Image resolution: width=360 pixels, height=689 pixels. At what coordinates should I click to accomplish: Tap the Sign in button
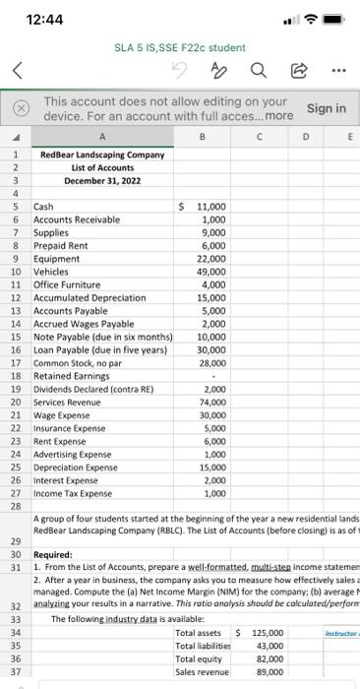pyautogui.click(x=327, y=108)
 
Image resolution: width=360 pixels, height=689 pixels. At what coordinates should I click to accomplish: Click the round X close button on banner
pyautogui.click(x=18, y=107)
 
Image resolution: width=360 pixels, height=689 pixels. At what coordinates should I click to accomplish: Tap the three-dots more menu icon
pyautogui.click(x=339, y=69)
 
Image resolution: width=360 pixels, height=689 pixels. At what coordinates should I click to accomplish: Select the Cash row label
pyautogui.click(x=44, y=208)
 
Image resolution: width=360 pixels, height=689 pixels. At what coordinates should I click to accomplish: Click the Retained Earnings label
pyautogui.click(x=72, y=375)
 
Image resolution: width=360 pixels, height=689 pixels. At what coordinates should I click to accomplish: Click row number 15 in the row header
pyautogui.click(x=16, y=337)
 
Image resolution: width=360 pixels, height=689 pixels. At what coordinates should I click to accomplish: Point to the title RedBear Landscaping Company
pyautogui.click(x=103, y=155)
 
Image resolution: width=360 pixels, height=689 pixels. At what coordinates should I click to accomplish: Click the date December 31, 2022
pyautogui.click(x=103, y=181)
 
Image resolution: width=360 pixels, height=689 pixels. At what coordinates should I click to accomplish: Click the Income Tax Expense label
pyautogui.click(x=73, y=493)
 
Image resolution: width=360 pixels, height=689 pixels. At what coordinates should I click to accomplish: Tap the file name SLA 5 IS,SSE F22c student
pyautogui.click(x=166, y=46)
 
